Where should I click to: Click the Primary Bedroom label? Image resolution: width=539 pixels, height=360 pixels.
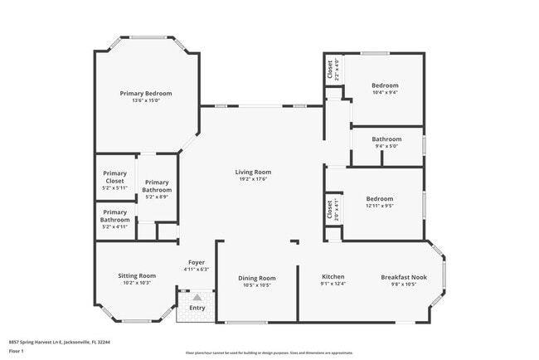145,94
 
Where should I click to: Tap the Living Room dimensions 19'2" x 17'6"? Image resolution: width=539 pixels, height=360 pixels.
253,179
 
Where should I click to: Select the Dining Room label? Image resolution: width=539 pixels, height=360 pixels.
256,278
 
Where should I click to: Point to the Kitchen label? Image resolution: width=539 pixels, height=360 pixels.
333,277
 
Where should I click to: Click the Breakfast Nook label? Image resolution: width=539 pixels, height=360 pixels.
403,277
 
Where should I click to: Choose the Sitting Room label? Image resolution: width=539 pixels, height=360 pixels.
137,276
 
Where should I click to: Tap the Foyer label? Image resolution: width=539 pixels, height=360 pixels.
197,262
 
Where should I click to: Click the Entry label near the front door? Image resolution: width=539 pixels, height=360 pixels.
197,308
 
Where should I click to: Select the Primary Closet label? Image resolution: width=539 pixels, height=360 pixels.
114,177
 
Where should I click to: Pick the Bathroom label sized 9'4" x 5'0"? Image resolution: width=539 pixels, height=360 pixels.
386,139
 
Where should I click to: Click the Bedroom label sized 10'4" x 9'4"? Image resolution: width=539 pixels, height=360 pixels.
385,85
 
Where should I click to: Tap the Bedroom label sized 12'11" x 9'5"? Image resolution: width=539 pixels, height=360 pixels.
380,199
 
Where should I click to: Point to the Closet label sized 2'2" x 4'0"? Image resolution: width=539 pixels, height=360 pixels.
329,66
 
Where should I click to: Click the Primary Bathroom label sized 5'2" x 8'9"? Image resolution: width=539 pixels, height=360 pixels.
157,186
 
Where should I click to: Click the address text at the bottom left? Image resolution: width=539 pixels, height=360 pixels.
60,341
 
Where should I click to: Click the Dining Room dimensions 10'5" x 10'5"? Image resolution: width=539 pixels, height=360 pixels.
256,285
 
